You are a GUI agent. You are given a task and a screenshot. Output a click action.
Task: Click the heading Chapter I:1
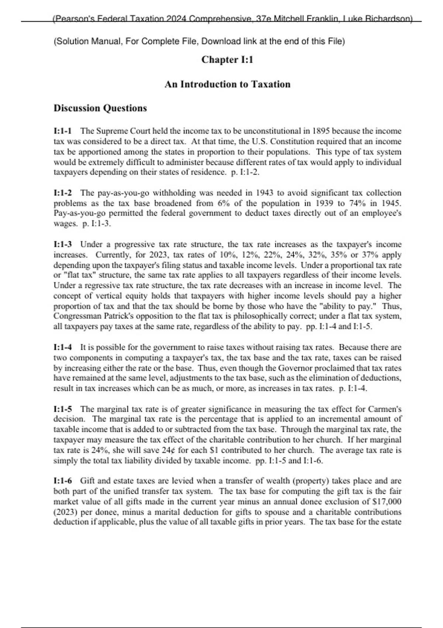227,60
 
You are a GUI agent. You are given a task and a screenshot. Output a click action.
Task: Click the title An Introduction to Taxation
227,84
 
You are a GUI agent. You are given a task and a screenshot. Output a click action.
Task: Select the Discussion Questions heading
100,108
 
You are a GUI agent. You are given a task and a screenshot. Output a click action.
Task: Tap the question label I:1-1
63,131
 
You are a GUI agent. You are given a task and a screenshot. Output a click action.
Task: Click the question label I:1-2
63,193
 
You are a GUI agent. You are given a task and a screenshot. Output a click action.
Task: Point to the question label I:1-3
63,245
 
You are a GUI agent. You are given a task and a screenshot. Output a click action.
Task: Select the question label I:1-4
63,347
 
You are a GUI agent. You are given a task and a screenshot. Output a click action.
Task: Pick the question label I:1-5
63,409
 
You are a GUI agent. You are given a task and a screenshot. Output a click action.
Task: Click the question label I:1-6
63,481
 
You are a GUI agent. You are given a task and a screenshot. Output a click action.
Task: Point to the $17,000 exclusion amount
387,502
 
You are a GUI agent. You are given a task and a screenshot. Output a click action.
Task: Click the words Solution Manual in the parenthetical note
88,41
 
